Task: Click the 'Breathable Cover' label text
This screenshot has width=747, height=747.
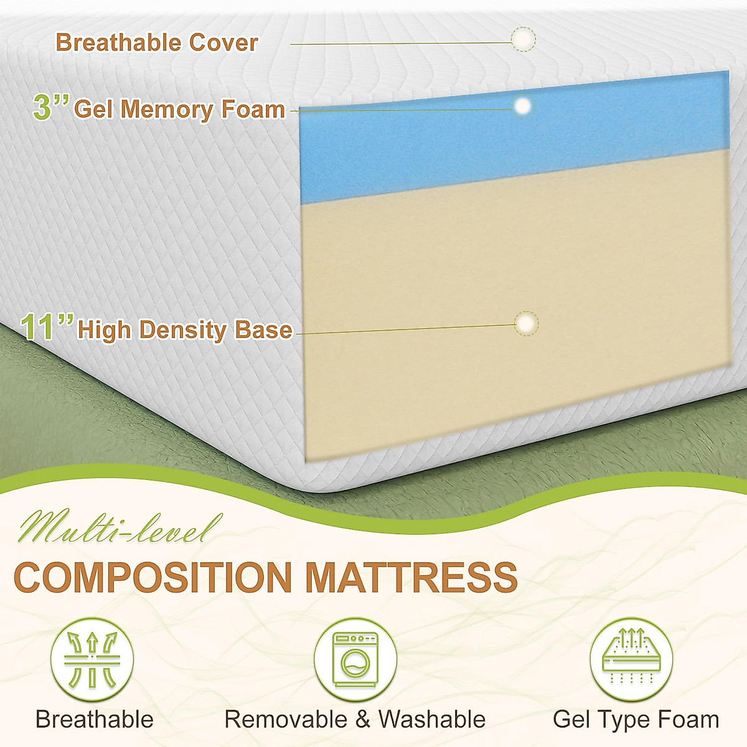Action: [x=156, y=43]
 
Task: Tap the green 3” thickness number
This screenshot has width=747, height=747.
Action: [x=50, y=107]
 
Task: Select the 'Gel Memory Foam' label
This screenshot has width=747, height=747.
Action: [x=179, y=110]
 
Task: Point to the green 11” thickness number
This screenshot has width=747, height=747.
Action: [x=47, y=327]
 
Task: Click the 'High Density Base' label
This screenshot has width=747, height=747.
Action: [x=185, y=330]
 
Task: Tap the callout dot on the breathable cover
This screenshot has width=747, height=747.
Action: [x=523, y=39]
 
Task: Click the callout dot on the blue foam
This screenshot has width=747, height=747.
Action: [x=524, y=106]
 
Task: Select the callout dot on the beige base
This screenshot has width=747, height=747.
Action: [x=527, y=324]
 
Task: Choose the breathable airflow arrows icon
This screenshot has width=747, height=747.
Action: [x=92, y=659]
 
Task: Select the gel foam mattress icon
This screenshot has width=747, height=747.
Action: [x=631, y=659]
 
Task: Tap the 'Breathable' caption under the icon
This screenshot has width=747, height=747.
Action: [x=95, y=720]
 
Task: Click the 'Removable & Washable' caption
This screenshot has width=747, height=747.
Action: [x=355, y=720]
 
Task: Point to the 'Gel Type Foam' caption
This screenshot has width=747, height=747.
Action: [x=636, y=720]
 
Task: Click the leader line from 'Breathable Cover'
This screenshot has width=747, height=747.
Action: [x=398, y=44]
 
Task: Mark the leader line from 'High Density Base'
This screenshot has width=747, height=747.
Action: [x=405, y=329]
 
